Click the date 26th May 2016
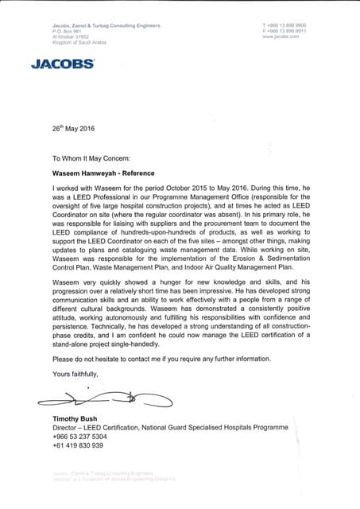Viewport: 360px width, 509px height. coord(72,126)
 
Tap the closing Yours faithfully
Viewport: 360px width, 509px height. coord(75,373)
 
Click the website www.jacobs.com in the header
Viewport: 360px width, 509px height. coord(281,37)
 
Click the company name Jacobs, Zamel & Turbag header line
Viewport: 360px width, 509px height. coord(106,26)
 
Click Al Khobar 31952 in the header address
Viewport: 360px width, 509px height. coord(69,37)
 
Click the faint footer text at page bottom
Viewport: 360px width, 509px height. coord(112,476)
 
